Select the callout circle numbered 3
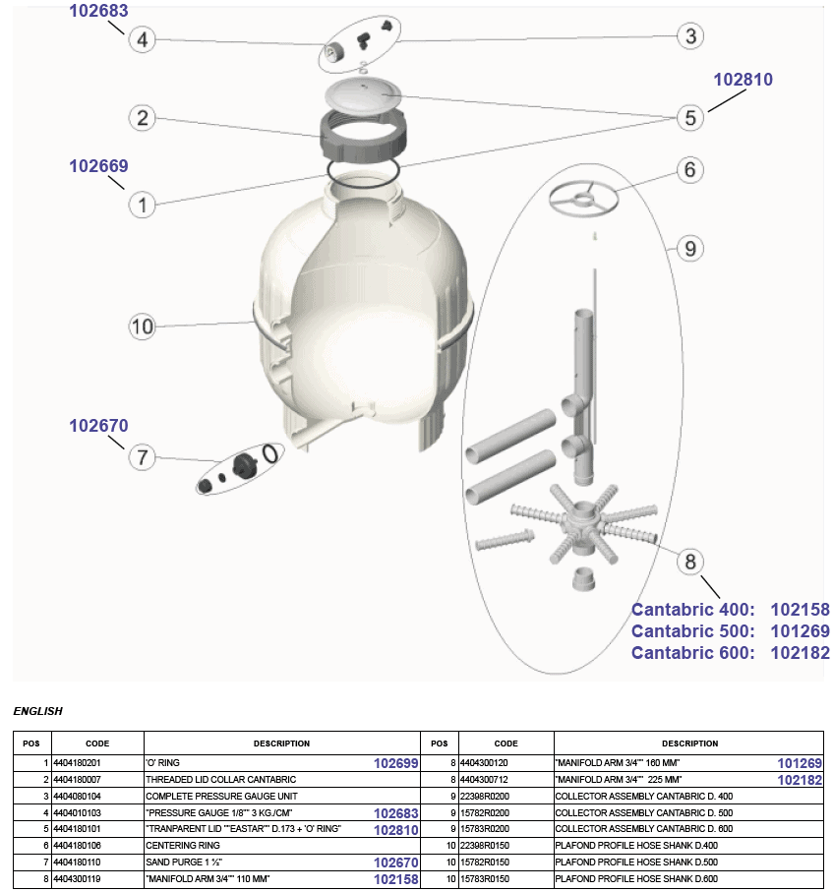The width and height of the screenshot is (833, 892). click(x=691, y=36)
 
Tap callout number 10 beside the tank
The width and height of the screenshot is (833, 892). click(x=143, y=327)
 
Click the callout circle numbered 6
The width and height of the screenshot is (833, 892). click(x=690, y=170)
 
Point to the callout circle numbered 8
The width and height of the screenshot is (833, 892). click(x=690, y=562)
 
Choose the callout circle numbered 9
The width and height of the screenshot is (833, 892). click(x=690, y=249)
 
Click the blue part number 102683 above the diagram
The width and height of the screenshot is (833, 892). click(x=98, y=12)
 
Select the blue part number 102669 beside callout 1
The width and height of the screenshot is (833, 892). click(x=98, y=166)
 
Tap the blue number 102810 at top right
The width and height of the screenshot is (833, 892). click(x=744, y=80)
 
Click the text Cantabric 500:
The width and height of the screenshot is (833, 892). click(x=692, y=631)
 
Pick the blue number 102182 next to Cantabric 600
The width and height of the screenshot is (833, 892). click(x=800, y=653)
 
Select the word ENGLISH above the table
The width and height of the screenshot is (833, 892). click(x=37, y=710)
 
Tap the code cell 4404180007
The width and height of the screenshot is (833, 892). click(x=77, y=779)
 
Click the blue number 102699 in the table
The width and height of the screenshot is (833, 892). click(x=396, y=763)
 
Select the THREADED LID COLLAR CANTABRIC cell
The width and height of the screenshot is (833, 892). click(x=220, y=779)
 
